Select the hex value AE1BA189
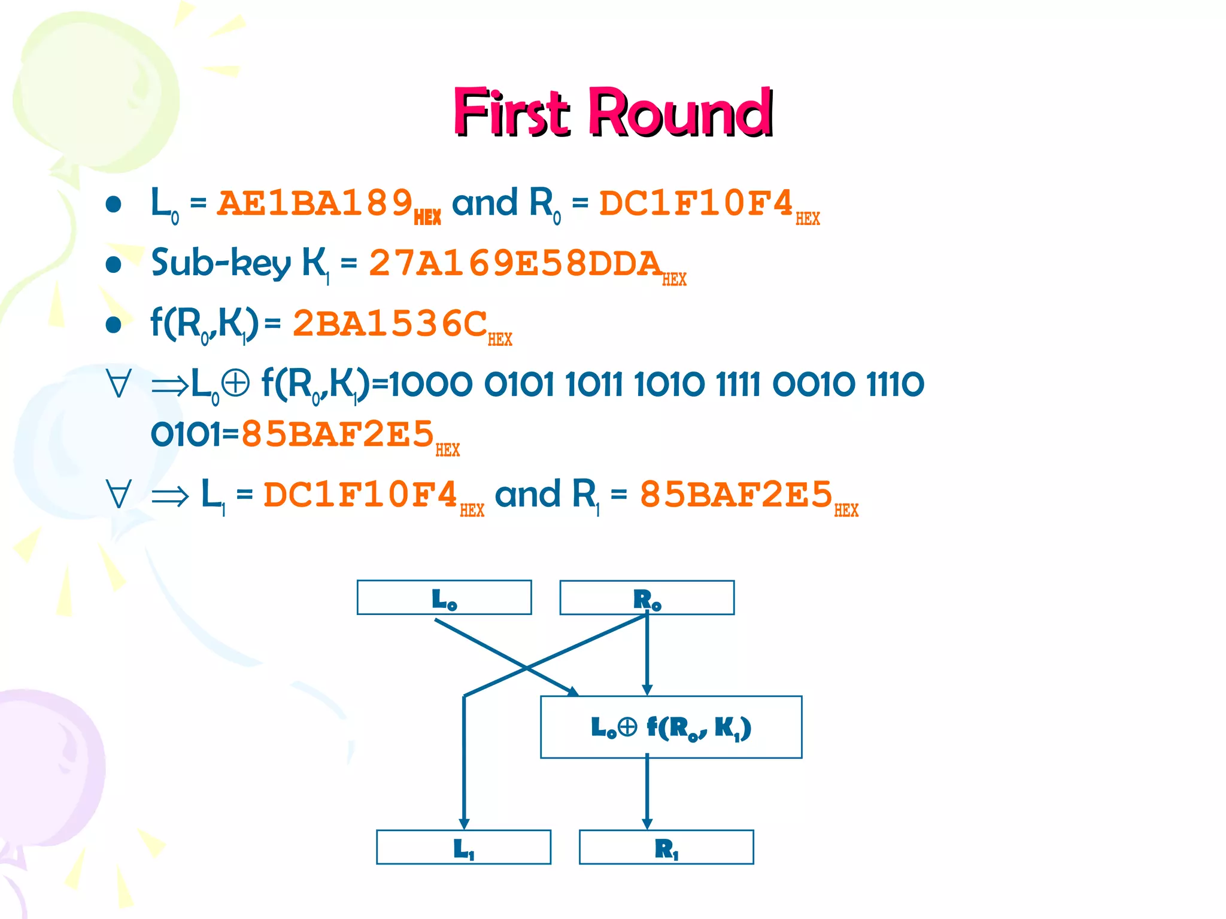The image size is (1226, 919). point(315,203)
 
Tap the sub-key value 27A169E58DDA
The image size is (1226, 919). point(515,263)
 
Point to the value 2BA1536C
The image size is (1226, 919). point(390,324)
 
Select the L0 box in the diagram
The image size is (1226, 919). point(444,598)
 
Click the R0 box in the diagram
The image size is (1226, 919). point(647,598)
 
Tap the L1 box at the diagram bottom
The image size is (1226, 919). point(463,847)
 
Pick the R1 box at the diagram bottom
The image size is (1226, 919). point(666,847)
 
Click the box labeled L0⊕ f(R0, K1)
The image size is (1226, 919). point(670,728)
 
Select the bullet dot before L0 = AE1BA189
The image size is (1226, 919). point(113,204)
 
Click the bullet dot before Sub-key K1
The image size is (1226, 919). point(113,264)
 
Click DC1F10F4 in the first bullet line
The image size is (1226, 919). point(696,203)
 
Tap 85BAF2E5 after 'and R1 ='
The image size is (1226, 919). point(736,495)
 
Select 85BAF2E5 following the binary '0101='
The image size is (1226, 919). point(337,434)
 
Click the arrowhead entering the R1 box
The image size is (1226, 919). point(647,824)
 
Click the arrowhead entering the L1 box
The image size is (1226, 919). point(464,824)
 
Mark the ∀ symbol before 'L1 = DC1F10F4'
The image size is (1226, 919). point(119,495)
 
